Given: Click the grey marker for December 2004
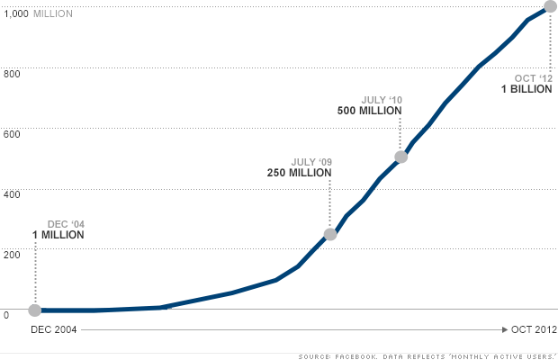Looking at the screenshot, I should tap(35, 310).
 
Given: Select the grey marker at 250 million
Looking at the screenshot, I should tap(330, 234).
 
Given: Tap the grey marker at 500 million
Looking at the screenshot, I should tap(401, 157).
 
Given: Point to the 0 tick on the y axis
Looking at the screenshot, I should tap(5, 315).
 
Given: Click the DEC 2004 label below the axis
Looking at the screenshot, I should tap(54, 329).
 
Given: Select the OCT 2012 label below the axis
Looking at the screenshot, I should tap(534, 329).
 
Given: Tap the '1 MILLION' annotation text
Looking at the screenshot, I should tap(58, 235).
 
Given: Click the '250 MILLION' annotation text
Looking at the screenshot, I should tap(299, 172).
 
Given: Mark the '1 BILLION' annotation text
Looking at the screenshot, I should tap(526, 89).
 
